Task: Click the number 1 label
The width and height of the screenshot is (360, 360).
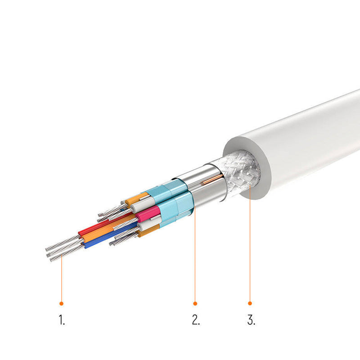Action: [62, 319]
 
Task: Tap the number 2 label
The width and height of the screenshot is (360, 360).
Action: [196, 319]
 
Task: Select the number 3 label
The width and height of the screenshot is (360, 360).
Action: [251, 319]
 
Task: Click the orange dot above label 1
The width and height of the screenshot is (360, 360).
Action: [61, 303]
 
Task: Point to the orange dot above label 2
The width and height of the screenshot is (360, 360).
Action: [195, 303]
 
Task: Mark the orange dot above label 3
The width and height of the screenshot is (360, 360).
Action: [250, 303]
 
